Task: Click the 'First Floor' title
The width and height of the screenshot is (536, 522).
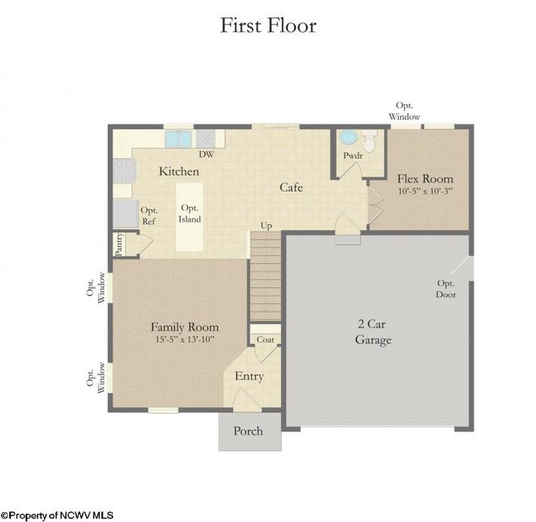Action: (268, 26)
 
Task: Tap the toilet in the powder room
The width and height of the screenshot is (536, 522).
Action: (370, 140)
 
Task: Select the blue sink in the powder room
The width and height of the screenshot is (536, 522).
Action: (348, 137)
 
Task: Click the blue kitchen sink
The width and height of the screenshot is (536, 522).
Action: (177, 139)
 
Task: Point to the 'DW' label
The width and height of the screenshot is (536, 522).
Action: (206, 155)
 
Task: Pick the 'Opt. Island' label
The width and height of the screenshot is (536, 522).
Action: (189, 213)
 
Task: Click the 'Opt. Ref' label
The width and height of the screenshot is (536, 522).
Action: (149, 216)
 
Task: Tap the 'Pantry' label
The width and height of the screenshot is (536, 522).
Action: (119, 244)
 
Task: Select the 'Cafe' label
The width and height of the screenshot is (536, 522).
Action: (291, 187)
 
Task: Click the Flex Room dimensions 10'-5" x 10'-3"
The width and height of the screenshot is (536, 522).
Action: (425, 191)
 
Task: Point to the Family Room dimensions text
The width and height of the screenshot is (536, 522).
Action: (185, 339)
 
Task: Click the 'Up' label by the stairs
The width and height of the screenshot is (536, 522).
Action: (266, 226)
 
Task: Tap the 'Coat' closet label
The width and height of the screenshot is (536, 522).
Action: (265, 339)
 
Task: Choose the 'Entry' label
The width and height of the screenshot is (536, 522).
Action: (249, 376)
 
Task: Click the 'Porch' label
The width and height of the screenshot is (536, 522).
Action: (248, 431)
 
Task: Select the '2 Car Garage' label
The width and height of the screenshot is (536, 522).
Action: (373, 332)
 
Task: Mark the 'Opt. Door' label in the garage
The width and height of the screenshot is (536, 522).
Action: (446, 289)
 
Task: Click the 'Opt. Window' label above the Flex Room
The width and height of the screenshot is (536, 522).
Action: (404, 111)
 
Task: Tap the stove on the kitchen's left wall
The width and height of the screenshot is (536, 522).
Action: (124, 172)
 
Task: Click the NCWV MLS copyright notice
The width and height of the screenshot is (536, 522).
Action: (57, 515)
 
